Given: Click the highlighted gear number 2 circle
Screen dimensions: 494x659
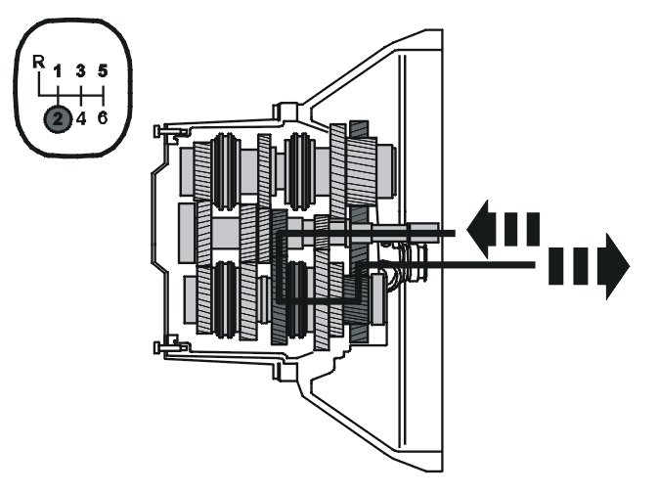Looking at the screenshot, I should point(58,120).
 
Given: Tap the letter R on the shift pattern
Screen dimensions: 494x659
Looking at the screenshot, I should point(38,62).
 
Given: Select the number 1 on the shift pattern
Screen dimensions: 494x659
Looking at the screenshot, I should point(58,70).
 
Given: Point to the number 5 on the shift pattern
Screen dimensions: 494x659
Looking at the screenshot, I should point(103,70).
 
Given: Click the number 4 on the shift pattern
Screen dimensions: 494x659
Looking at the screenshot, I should point(81,120).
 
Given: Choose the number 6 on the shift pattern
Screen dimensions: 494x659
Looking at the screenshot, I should point(103,120).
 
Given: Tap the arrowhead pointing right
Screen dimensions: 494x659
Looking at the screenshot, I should point(617,264).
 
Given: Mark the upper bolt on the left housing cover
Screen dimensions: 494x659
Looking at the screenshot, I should point(162,131).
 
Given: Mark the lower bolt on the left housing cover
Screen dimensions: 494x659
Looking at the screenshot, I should point(162,344).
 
